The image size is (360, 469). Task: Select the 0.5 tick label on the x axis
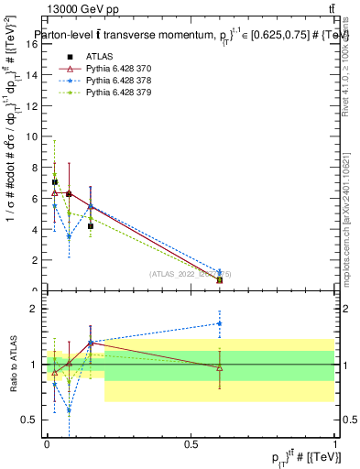191,444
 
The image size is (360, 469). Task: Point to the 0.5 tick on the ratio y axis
33,420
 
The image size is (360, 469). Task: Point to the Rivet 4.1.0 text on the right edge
346,82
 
